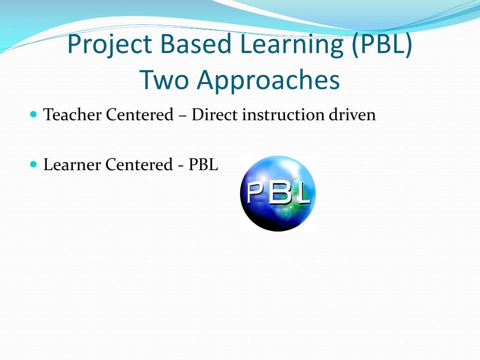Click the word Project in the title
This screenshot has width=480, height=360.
point(110,44)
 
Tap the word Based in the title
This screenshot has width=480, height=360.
point(195,44)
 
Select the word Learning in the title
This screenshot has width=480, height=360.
point(292,45)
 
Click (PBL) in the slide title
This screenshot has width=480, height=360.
point(382,45)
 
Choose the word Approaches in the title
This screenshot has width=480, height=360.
point(269,81)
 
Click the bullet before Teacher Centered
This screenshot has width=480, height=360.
point(34,114)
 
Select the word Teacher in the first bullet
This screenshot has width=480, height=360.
point(72,115)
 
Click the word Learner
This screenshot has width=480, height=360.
point(72,165)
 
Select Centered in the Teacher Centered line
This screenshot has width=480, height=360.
point(140,115)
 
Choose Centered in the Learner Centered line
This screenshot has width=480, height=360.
point(139,165)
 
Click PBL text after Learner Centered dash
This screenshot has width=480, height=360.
point(203,165)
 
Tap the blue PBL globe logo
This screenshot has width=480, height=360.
point(277,194)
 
